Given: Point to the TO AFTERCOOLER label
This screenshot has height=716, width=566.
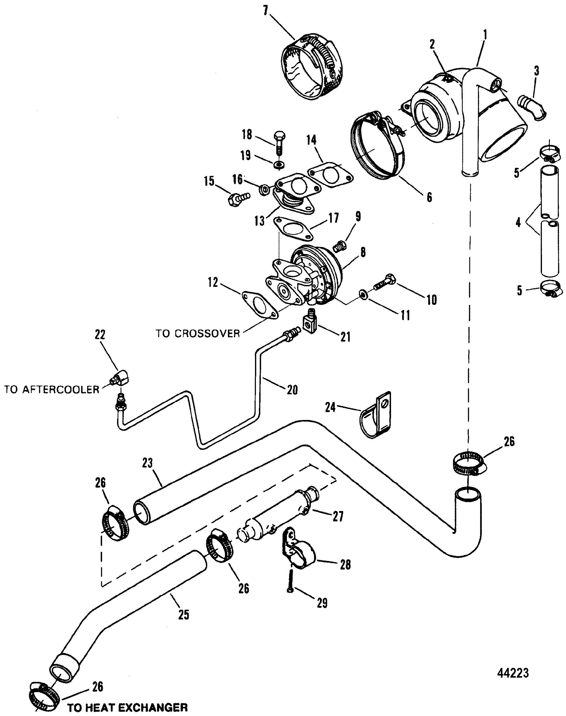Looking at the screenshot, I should (52, 389).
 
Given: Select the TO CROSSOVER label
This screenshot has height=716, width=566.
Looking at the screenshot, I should (198, 333).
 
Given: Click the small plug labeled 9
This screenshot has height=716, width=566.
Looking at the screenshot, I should (341, 247).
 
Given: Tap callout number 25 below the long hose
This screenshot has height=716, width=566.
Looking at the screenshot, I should (183, 615).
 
